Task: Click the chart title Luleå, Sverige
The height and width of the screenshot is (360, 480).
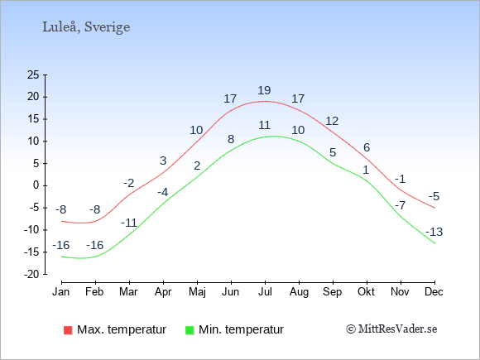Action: click(x=86, y=27)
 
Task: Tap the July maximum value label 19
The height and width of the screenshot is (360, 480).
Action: click(x=264, y=90)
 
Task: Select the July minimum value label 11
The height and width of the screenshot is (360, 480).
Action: click(x=264, y=125)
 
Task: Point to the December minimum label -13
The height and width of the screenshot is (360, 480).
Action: click(x=434, y=232)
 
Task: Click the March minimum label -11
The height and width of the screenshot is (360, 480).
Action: click(x=129, y=223)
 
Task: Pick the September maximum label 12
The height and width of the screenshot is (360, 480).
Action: click(x=332, y=121)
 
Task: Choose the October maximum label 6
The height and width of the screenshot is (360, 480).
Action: click(x=367, y=147)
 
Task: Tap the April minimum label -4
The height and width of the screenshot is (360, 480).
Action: click(x=163, y=192)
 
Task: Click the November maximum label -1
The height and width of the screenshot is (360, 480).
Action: click(x=401, y=179)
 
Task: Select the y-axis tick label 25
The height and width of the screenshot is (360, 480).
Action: click(x=33, y=74)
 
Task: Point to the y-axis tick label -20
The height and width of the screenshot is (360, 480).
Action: click(x=31, y=274)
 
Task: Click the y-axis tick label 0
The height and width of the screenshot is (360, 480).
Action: click(x=36, y=185)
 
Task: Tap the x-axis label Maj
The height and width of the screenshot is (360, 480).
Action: click(x=197, y=292)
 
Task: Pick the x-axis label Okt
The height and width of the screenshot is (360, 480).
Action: click(x=366, y=292)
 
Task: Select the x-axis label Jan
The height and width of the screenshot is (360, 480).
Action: click(x=61, y=292)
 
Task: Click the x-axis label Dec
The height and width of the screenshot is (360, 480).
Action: click(x=434, y=292)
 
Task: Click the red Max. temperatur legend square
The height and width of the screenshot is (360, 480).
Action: click(x=68, y=330)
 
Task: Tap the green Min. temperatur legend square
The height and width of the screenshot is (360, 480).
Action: click(x=190, y=330)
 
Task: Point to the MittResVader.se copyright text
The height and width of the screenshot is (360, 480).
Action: click(x=391, y=329)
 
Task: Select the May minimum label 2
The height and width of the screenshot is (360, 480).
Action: click(x=197, y=166)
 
